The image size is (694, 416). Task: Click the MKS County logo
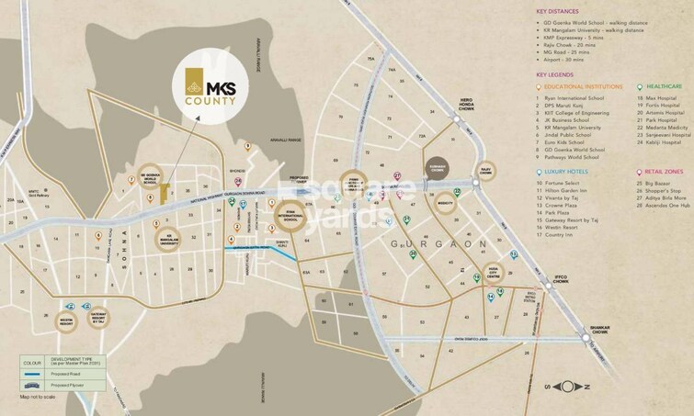point(210,87)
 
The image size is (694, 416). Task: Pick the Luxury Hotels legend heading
point(566,171)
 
